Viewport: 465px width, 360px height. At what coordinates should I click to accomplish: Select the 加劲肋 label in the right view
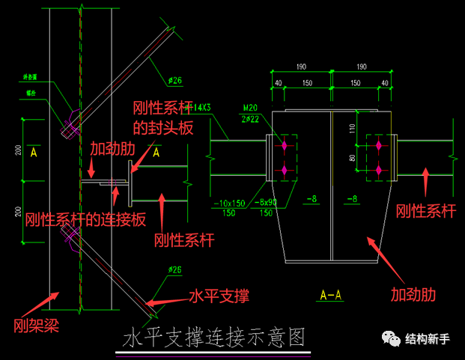tap(412, 293)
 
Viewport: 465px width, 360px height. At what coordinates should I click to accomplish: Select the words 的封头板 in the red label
tap(163, 128)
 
